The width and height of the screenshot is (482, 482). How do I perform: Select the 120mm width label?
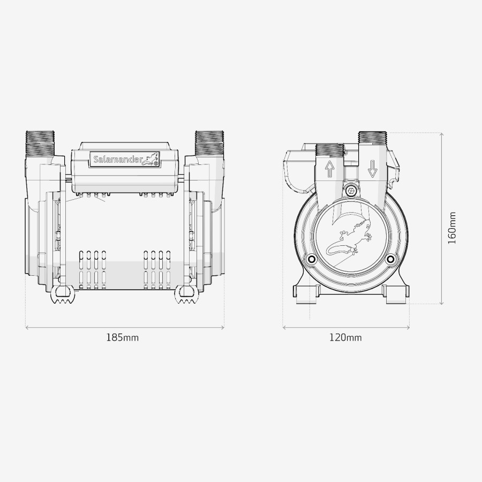pyautogui.click(x=345, y=337)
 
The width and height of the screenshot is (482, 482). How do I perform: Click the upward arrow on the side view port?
pyautogui.click(x=330, y=170)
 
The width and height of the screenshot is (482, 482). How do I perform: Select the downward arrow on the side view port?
pyautogui.click(x=372, y=169)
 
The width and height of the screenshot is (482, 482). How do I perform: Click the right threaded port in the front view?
pyautogui.click(x=209, y=141)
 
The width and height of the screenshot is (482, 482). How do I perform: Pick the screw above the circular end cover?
pyautogui.click(x=351, y=191)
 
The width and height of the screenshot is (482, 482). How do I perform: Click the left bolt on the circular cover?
pyautogui.click(x=310, y=260)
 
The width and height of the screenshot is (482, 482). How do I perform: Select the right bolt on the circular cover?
pyautogui.click(x=390, y=260)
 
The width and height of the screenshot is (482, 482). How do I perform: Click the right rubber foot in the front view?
pyautogui.click(x=186, y=295)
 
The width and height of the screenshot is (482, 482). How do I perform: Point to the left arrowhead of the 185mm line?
pyautogui.click(x=27, y=327)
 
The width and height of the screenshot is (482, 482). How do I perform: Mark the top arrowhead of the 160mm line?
pyautogui.click(x=441, y=134)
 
